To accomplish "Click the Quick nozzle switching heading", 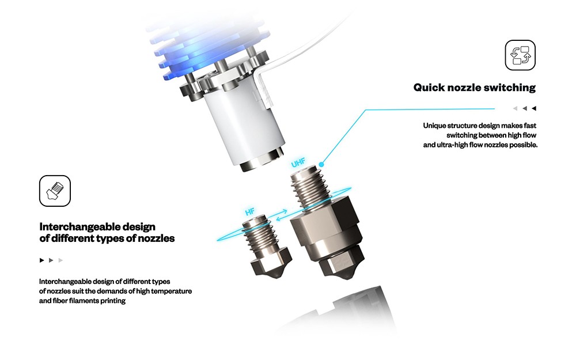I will [x=474, y=88].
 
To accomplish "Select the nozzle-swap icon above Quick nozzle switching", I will [x=520, y=55].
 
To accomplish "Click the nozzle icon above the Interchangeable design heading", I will [x=55, y=191].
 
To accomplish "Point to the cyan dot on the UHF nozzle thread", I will [x=321, y=164].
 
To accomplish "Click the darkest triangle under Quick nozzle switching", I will [x=534, y=108].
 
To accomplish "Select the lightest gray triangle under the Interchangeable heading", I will [x=60, y=260].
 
